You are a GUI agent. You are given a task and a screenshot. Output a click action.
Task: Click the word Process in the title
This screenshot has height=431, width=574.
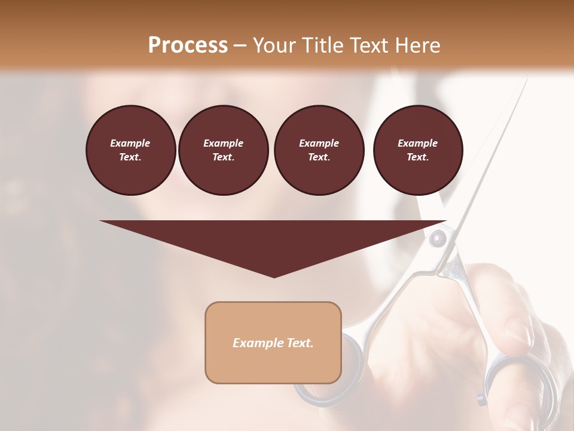coord(188,45)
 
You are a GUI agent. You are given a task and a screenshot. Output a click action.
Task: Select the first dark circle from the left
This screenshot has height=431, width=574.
coord(130,150)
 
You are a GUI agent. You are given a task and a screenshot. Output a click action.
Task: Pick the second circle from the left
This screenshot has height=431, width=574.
coord(223,150)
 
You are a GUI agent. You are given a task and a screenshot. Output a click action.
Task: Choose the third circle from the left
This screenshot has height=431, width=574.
coord(319,150)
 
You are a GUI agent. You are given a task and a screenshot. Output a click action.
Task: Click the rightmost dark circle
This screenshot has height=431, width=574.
coord(417,150)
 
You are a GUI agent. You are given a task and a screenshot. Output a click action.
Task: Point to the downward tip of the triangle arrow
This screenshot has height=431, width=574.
coord(274,276)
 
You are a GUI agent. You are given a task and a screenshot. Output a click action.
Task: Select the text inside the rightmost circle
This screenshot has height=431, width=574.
coord(417,150)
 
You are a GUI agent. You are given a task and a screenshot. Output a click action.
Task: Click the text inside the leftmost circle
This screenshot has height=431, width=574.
coord(130,150)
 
